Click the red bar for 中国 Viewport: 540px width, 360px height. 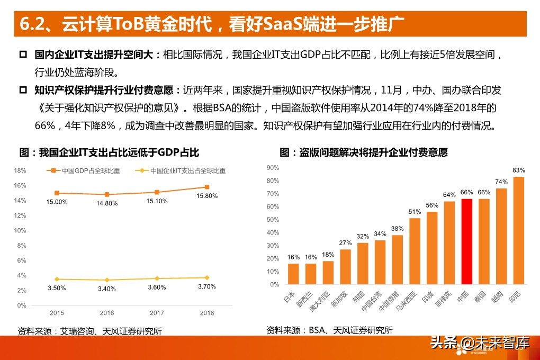click(x=466, y=241)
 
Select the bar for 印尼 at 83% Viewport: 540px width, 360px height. click(x=518, y=230)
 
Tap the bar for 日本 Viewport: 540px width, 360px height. click(x=293, y=274)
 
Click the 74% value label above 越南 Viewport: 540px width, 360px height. click(x=501, y=182)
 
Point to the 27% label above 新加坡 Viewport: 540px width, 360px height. click(x=345, y=243)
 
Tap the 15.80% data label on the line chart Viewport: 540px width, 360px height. click(x=207, y=196)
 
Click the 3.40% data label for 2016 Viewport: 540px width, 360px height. click(x=107, y=289)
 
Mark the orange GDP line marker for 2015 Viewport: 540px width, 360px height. click(x=57, y=193)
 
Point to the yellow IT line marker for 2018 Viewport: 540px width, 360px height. click(x=207, y=277)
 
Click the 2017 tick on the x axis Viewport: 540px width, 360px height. click(x=157, y=313)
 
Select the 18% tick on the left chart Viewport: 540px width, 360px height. click(x=20, y=170)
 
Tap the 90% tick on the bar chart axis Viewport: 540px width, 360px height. click(x=273, y=167)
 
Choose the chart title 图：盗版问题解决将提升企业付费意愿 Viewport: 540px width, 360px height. click(x=363, y=152)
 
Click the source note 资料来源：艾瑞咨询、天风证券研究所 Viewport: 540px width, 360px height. click(x=89, y=331)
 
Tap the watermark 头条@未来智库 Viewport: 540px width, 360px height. click(x=479, y=343)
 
